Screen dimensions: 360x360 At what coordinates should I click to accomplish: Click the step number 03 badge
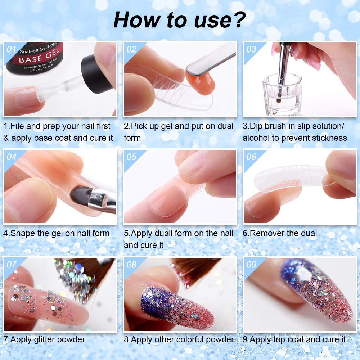[251, 49]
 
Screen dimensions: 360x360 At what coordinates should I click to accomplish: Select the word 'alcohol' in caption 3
[259, 138]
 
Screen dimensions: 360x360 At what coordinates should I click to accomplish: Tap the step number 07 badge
[12, 265]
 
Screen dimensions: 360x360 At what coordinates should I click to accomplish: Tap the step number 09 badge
[251, 265]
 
